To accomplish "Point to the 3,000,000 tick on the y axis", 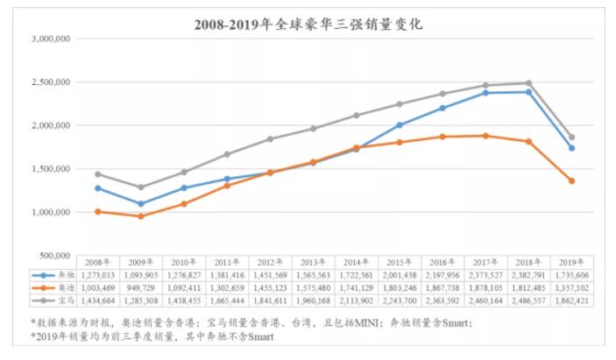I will pos(51,39).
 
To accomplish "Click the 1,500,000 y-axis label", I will pos(51,169).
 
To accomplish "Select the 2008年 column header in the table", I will pos(97,262).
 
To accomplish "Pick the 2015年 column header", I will pos(399,262).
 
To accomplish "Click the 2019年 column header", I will pos(571,262).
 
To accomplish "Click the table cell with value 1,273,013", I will pos(97,275).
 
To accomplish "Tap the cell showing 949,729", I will pos(140,288).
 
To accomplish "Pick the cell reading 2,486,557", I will pos(528,300).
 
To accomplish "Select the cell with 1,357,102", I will pos(571,288).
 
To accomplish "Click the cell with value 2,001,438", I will pos(399,275).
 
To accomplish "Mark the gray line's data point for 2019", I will pos(571,137).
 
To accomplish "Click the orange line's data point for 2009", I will pos(140,215).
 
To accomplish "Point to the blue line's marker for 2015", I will pos(399,125).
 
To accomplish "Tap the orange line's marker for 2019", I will pos(571,180).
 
